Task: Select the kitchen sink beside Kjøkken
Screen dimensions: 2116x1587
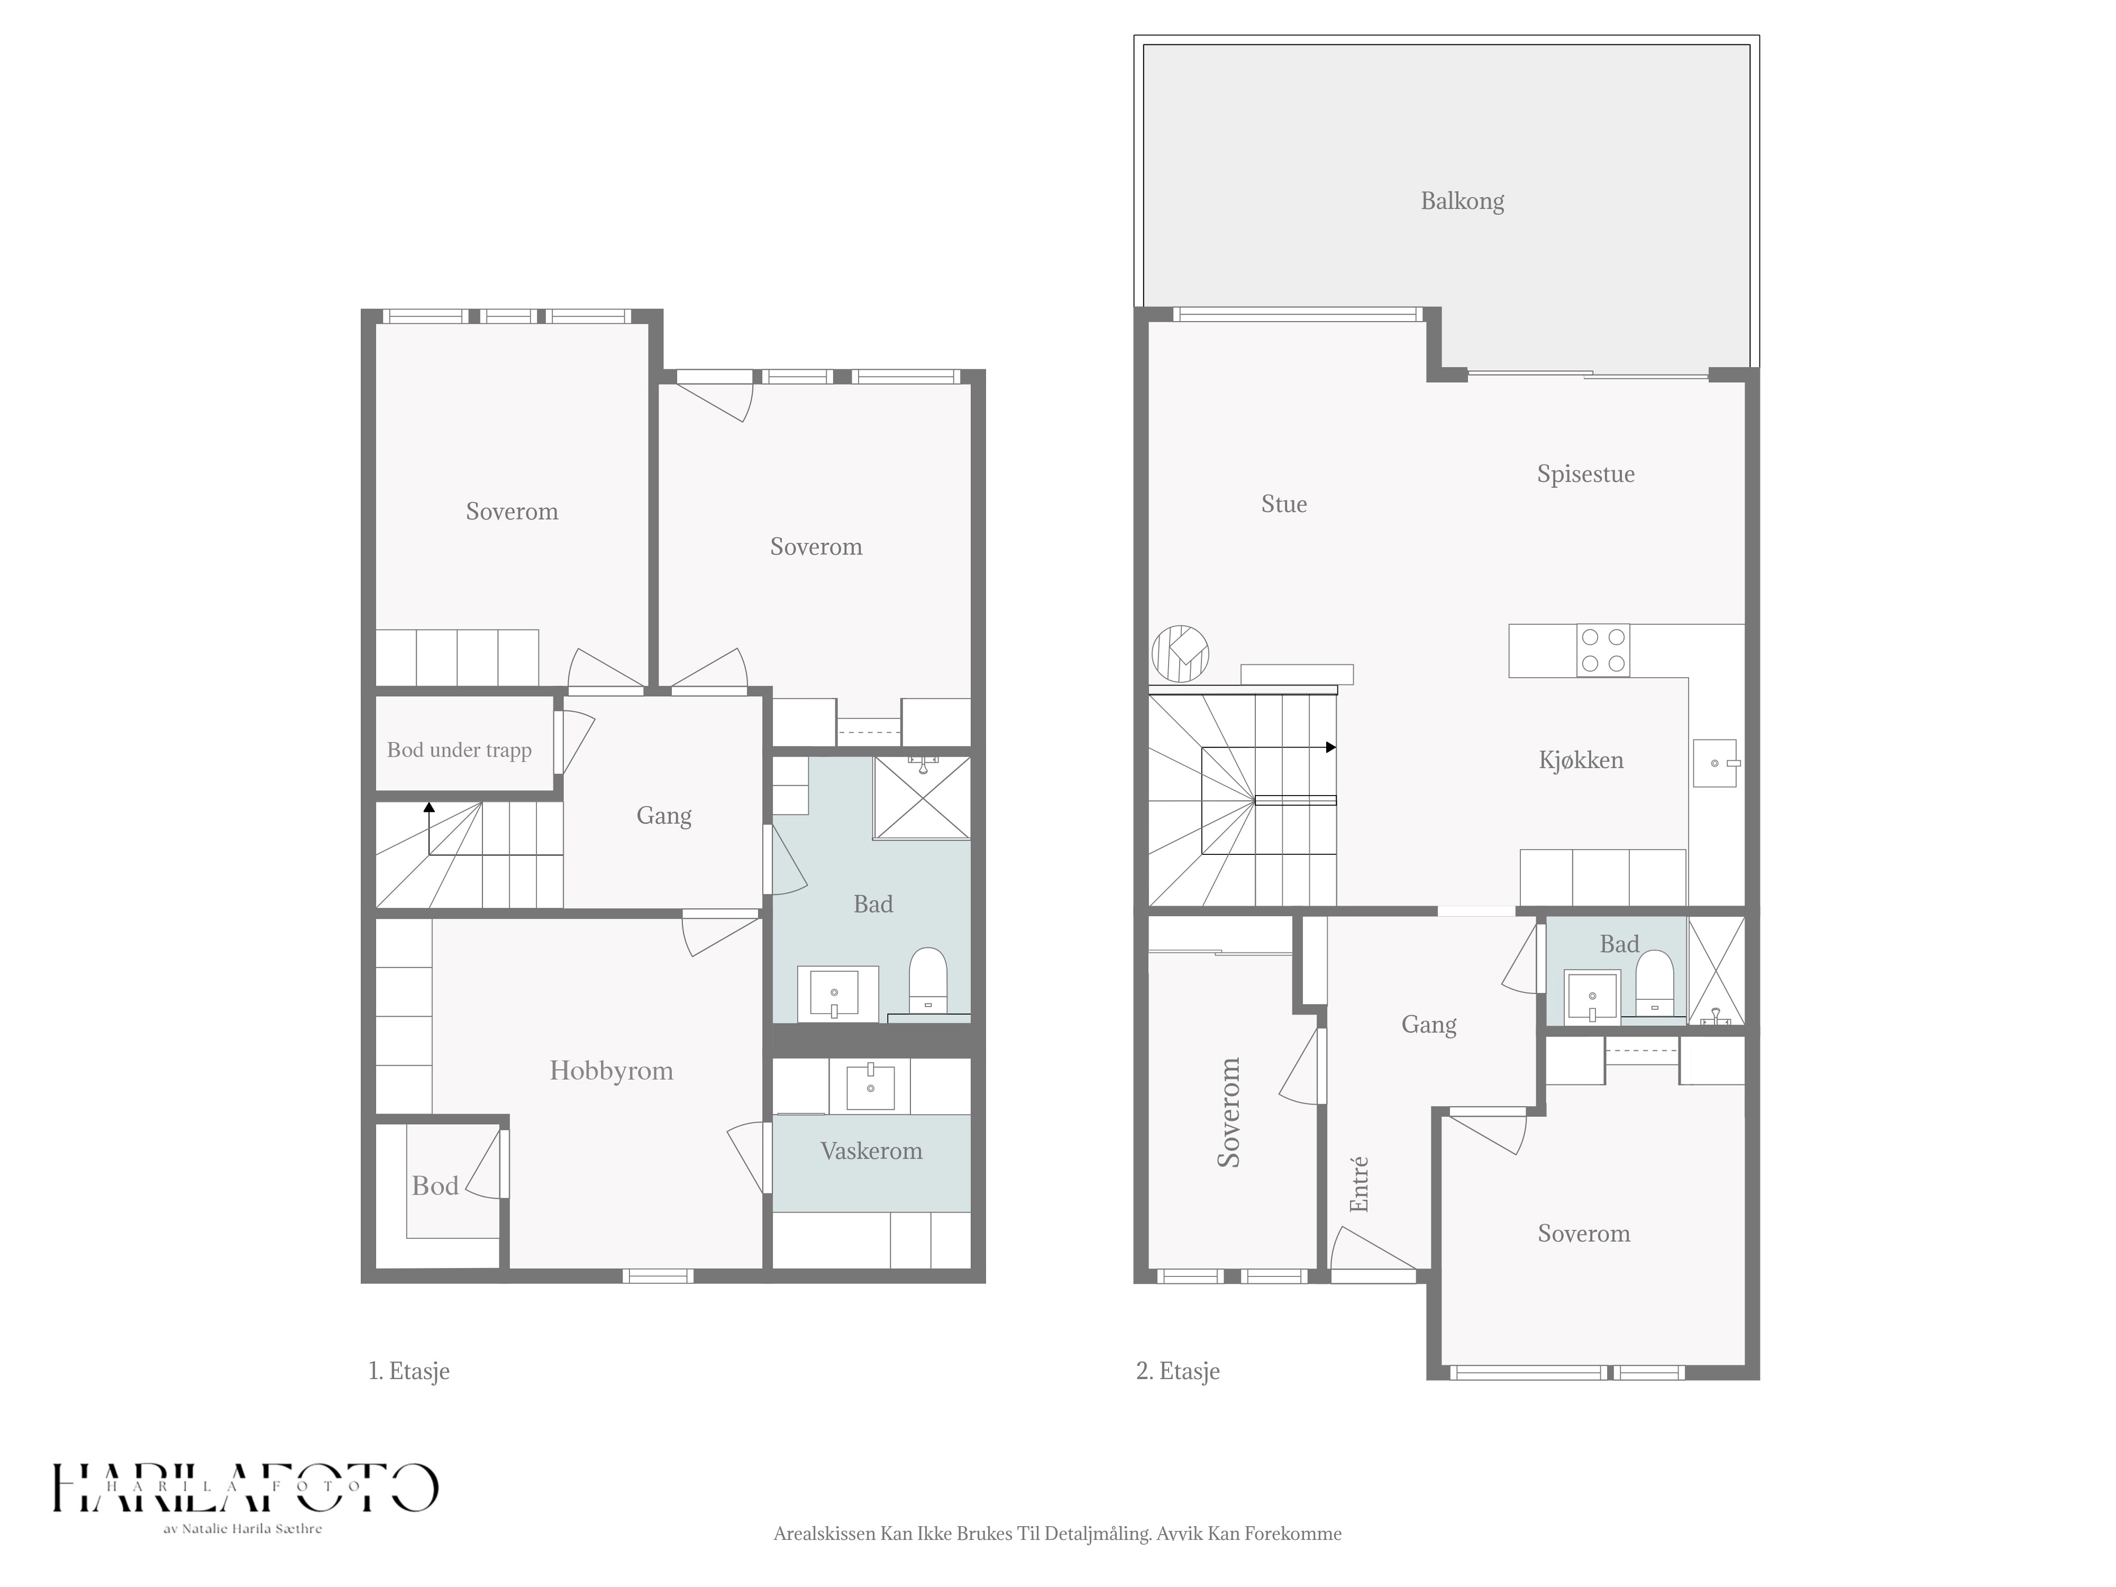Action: pyautogui.click(x=1715, y=762)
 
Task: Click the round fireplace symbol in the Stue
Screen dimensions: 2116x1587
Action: pyautogui.click(x=1180, y=654)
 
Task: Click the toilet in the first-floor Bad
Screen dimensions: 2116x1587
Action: pyautogui.click(x=927, y=980)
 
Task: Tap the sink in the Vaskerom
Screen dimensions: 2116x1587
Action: pyautogui.click(x=871, y=1086)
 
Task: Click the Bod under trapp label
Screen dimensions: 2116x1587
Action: pyautogui.click(x=459, y=750)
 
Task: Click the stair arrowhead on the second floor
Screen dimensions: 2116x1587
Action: pyautogui.click(x=1330, y=747)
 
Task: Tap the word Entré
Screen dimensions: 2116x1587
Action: pyautogui.click(x=1358, y=1184)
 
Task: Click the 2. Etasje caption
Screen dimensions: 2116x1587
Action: pyautogui.click(x=1178, y=1371)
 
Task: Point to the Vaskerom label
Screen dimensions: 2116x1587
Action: pyautogui.click(x=871, y=1151)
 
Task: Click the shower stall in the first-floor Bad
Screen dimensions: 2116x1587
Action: pyautogui.click(x=921, y=798)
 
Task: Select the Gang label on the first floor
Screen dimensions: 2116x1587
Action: pyautogui.click(x=664, y=816)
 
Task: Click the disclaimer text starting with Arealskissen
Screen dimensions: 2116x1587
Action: pyautogui.click(x=1057, y=1534)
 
